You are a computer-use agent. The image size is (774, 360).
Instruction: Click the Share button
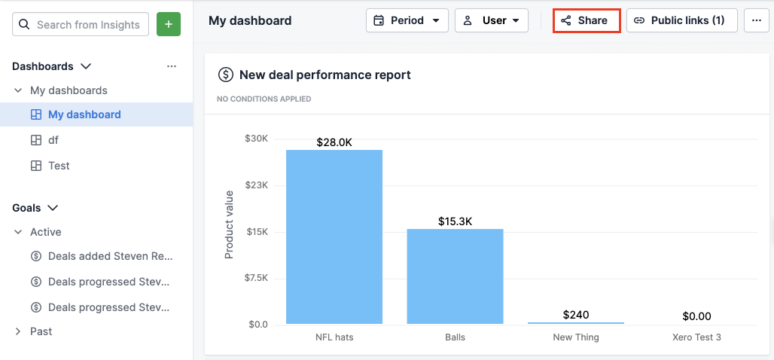click(586, 20)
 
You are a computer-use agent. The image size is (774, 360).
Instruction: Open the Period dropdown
click(407, 20)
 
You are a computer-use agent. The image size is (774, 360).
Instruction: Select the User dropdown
click(491, 20)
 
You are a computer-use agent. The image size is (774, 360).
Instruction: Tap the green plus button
click(169, 25)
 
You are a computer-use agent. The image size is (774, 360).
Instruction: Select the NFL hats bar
click(334, 236)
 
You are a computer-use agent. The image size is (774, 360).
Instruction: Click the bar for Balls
click(455, 276)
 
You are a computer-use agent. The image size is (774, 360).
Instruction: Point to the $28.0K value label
click(334, 142)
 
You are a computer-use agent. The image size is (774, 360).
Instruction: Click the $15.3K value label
click(455, 221)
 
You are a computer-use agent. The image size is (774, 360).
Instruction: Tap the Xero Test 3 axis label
click(696, 337)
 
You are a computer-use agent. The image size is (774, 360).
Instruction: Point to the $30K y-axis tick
click(256, 139)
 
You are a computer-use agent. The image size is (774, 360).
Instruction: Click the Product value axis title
click(230, 224)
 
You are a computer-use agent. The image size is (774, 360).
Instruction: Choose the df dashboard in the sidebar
click(53, 140)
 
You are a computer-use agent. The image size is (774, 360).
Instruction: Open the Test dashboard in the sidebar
click(59, 166)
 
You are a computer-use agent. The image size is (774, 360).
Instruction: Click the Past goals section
click(41, 331)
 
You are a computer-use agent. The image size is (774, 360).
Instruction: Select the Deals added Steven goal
click(110, 256)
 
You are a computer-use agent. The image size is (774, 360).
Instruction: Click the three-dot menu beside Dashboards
click(172, 66)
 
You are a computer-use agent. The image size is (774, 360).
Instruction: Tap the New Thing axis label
click(576, 337)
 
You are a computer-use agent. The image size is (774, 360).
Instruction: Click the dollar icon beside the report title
click(225, 75)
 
